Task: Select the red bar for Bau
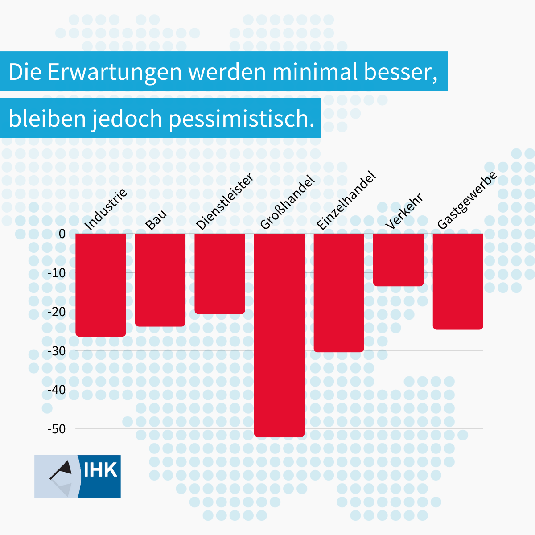click(x=160, y=280)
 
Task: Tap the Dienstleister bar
click(x=220, y=273)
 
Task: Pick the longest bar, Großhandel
click(x=279, y=334)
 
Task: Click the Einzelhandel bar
click(x=339, y=292)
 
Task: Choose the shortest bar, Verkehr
click(x=398, y=259)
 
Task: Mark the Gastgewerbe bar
click(x=458, y=281)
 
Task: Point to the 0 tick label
click(x=62, y=234)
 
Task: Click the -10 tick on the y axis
click(x=56, y=273)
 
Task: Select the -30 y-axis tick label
click(x=56, y=351)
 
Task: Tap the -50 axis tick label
click(x=56, y=429)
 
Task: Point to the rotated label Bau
click(x=156, y=219)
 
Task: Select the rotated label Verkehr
click(x=404, y=212)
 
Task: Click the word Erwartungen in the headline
click(x=115, y=72)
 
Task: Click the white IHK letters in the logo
click(x=100, y=470)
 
